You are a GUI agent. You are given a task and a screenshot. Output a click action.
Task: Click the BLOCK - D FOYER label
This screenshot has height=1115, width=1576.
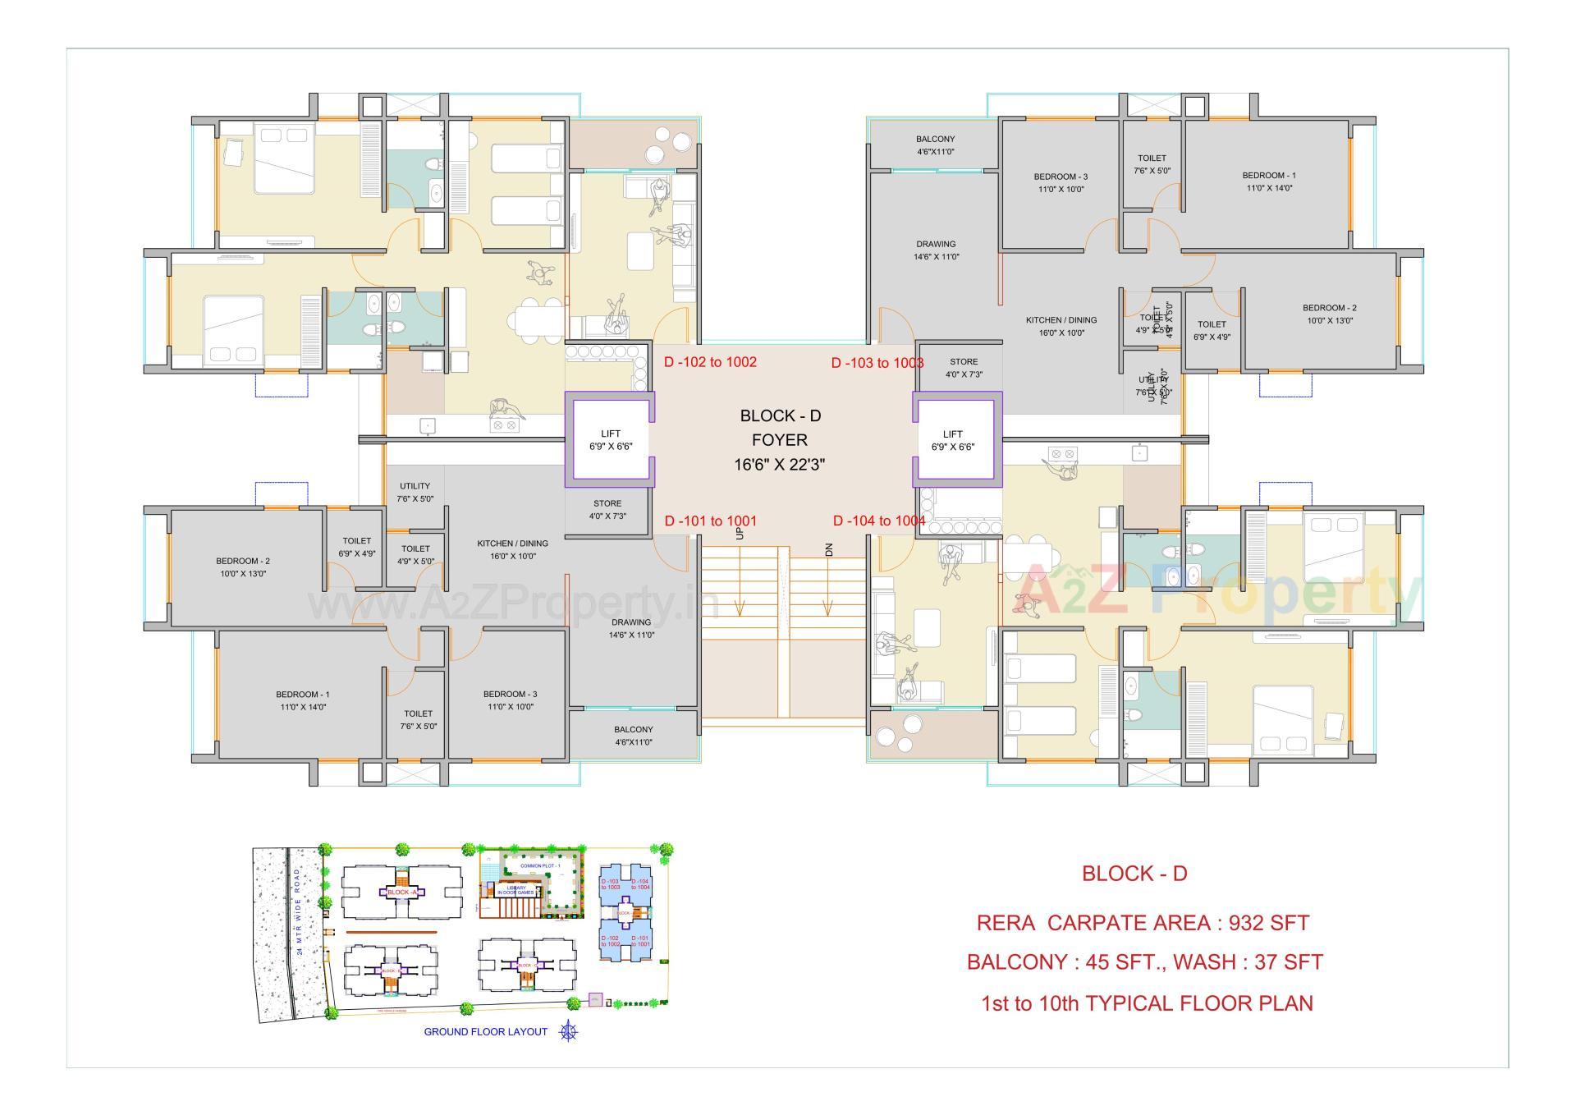(x=779, y=439)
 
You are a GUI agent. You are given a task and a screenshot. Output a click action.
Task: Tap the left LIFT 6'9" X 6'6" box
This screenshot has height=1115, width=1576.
(x=610, y=440)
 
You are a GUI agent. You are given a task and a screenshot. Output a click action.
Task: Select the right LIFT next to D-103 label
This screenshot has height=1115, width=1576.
(x=952, y=440)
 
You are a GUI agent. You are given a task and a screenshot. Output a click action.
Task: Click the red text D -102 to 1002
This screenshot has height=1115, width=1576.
(x=710, y=362)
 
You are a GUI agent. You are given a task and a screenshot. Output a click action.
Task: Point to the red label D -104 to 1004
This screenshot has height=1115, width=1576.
(x=878, y=521)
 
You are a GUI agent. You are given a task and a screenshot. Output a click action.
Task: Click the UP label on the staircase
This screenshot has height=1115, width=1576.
(x=740, y=533)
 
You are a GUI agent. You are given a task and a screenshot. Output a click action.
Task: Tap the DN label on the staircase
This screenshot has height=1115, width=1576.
(x=829, y=550)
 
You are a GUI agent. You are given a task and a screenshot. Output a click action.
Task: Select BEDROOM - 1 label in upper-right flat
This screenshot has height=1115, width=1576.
(x=1268, y=181)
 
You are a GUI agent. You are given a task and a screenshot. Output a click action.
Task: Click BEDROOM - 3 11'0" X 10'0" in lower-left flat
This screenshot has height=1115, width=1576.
(x=510, y=700)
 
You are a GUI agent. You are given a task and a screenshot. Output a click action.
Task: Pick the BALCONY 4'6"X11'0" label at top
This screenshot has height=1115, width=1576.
(x=935, y=145)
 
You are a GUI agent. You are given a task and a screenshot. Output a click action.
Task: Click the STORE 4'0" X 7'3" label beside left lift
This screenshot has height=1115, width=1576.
(x=607, y=509)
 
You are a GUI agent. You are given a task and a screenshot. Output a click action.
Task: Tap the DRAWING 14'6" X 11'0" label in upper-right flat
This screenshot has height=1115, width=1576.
(x=936, y=250)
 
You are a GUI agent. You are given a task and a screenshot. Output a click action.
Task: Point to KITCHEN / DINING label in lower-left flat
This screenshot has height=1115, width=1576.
(x=512, y=549)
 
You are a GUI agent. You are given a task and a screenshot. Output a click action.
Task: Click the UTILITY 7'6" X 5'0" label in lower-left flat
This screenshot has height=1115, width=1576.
(x=415, y=492)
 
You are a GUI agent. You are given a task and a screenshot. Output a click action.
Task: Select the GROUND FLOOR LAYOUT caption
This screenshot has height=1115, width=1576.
(x=485, y=1031)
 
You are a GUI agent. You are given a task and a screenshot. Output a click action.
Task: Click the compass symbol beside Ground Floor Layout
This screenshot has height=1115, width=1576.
(x=568, y=1031)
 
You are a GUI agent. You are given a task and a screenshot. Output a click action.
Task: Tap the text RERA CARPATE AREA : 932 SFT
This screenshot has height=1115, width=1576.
(x=1143, y=923)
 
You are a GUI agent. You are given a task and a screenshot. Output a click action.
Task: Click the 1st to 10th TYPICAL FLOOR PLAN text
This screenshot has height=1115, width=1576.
(x=1147, y=1003)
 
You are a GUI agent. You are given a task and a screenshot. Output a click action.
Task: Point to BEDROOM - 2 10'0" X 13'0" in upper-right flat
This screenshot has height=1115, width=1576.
(x=1329, y=314)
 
